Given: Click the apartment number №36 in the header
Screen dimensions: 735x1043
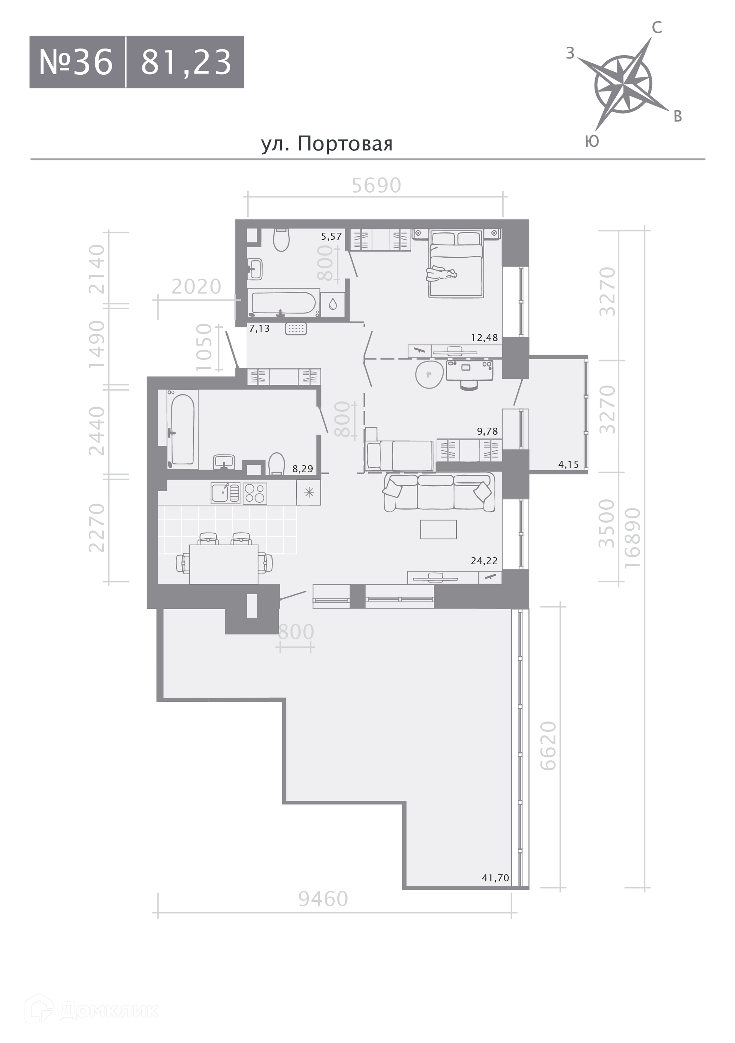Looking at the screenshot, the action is pos(76,62).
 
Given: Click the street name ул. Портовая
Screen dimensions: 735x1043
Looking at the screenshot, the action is pos(327,144).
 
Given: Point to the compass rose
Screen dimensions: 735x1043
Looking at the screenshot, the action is pos(624,85).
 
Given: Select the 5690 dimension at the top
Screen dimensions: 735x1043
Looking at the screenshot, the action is pos(377,185).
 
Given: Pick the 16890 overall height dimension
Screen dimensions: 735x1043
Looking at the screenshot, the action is pos(632,538).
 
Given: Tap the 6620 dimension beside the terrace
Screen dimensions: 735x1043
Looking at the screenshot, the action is pos(548,746).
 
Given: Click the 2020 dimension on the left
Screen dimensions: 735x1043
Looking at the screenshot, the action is pos(196,287).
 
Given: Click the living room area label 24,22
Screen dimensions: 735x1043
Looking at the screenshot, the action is pos(484,561).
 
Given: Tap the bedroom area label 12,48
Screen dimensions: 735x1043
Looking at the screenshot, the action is pos(484,338).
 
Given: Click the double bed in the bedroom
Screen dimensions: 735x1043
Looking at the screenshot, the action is pos(456,264).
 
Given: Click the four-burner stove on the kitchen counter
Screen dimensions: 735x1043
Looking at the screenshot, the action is pos(255,493).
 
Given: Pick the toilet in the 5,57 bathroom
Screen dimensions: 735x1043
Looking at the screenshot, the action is pos(282,239).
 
